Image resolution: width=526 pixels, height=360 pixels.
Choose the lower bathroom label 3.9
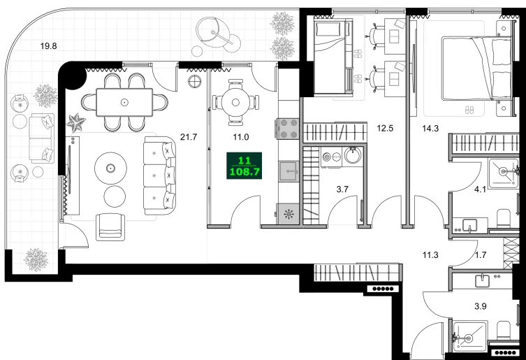click(x=481, y=305)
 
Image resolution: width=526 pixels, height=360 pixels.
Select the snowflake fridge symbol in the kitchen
click(x=288, y=215)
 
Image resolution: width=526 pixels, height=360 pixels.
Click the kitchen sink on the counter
click(x=287, y=171)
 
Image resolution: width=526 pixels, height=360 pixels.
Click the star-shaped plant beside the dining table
click(x=75, y=123)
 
